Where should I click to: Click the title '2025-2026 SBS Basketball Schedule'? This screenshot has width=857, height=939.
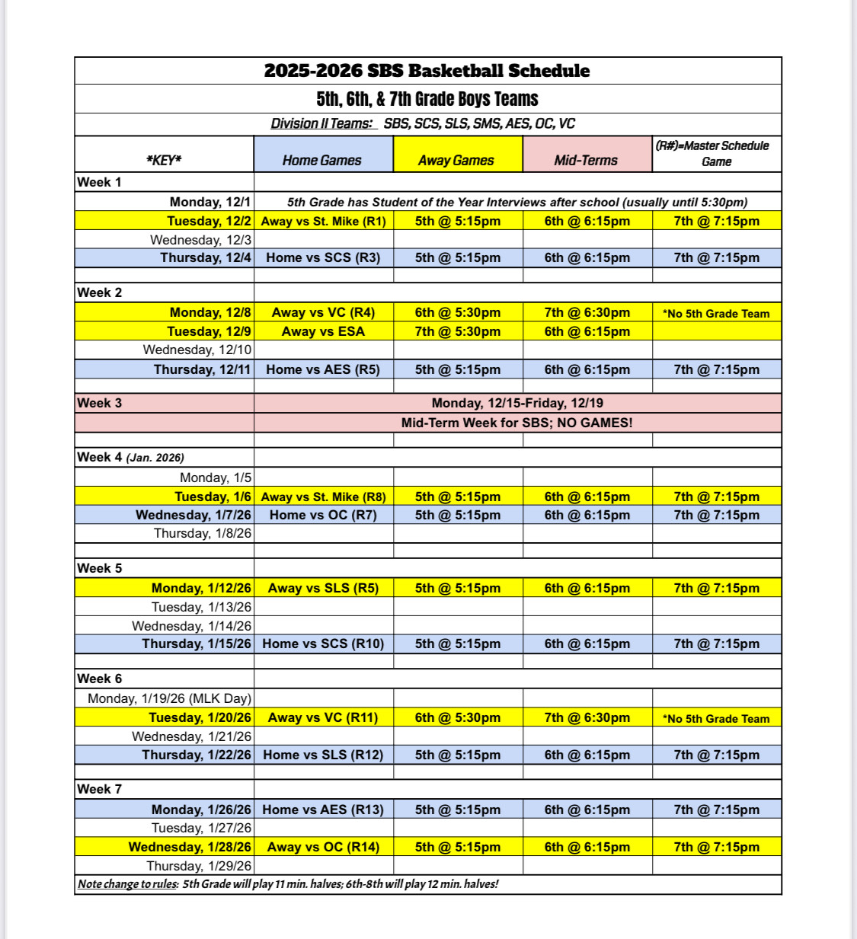pyautogui.click(x=427, y=71)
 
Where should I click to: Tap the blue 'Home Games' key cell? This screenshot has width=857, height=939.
pyautogui.click(x=321, y=160)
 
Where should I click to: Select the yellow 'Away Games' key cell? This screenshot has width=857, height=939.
pyautogui.click(x=456, y=160)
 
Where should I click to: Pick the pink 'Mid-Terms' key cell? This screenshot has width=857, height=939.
pyautogui.click(x=586, y=160)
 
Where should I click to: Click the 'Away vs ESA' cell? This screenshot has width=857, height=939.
pyautogui.click(x=323, y=331)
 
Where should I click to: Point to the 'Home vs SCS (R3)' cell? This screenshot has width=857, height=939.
pyautogui.click(x=323, y=257)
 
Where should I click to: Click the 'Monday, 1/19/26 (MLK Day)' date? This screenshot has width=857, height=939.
pyautogui.click(x=169, y=698)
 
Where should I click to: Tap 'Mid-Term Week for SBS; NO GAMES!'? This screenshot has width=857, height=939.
pyautogui.click(x=516, y=422)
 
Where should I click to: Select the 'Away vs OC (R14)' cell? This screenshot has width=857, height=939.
pyautogui.click(x=323, y=847)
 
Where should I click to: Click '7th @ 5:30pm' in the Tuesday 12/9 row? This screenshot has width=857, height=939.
pyautogui.click(x=457, y=331)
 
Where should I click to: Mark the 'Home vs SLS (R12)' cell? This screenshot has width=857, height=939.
pyautogui.click(x=323, y=755)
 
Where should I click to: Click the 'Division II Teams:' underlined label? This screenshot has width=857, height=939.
pyautogui.click(x=323, y=123)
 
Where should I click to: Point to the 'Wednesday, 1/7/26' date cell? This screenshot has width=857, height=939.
pyautogui.click(x=193, y=515)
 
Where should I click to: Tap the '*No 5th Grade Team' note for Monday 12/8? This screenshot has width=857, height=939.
pyautogui.click(x=716, y=313)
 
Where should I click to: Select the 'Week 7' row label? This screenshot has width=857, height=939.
pyautogui.click(x=99, y=789)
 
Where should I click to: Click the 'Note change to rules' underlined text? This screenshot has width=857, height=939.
pyautogui.click(x=128, y=884)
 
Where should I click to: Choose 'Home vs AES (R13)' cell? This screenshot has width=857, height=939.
pyautogui.click(x=323, y=810)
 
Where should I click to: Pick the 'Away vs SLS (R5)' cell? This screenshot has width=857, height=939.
pyautogui.click(x=323, y=588)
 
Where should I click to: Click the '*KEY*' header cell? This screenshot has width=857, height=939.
pyautogui.click(x=164, y=160)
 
